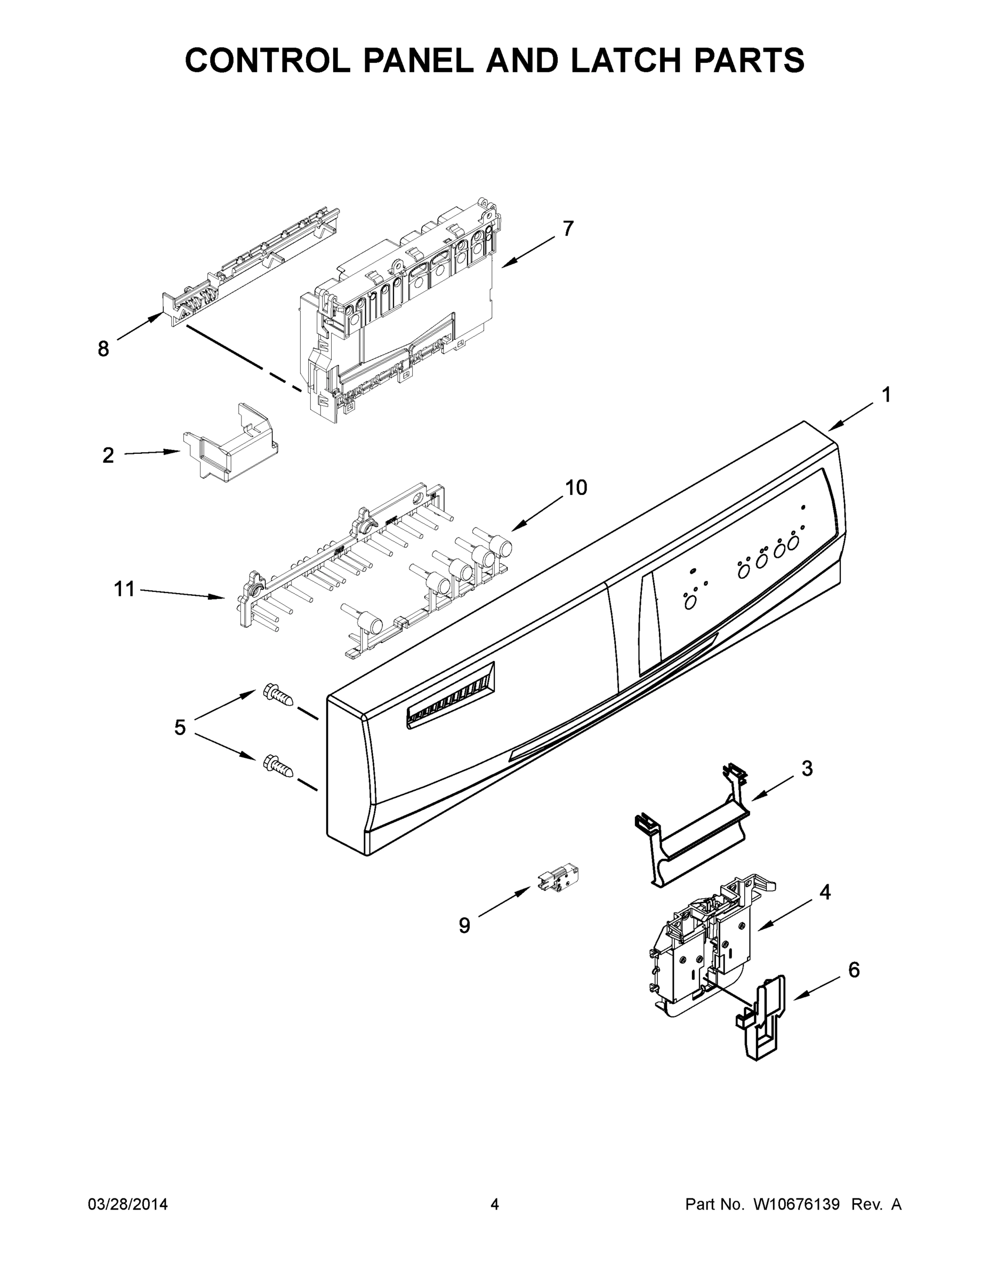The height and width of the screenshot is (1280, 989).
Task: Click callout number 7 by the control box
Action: (x=568, y=229)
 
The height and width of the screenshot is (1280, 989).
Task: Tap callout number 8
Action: (x=103, y=349)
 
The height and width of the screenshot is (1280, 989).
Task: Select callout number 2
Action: (x=108, y=455)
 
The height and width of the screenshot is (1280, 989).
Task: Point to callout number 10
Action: (x=576, y=487)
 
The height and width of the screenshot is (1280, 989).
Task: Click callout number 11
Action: (x=124, y=588)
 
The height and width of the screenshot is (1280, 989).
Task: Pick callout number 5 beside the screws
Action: (x=180, y=727)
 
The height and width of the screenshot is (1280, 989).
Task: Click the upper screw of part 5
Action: (x=278, y=695)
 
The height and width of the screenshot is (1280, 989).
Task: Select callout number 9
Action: (x=464, y=925)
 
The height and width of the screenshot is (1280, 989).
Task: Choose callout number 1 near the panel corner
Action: (x=887, y=395)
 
